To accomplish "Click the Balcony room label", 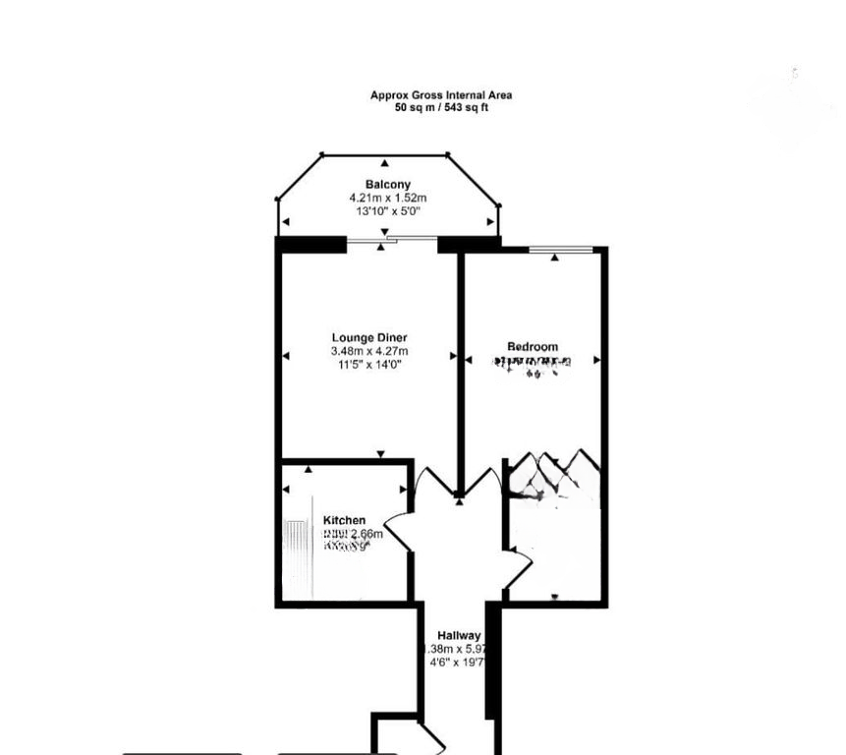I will [387, 185].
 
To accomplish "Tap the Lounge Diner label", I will [369, 338].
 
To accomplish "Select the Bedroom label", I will [533, 346].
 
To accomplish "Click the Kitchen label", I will [344, 520].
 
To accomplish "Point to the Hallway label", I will [459, 636].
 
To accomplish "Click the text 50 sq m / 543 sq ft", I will [440, 107].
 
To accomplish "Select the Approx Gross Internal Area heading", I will [440, 95].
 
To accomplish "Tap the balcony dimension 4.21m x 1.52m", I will [387, 198].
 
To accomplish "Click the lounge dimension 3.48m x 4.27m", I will [369, 351].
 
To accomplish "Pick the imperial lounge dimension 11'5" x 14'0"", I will [369, 364].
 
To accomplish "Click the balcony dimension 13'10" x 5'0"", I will [387, 210].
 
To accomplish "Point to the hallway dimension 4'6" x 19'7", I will [459, 663].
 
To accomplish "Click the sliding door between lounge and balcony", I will [391, 239].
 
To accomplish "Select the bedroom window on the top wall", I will [560, 250].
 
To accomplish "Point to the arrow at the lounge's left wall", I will [286, 356].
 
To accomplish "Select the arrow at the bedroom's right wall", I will [596, 361].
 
